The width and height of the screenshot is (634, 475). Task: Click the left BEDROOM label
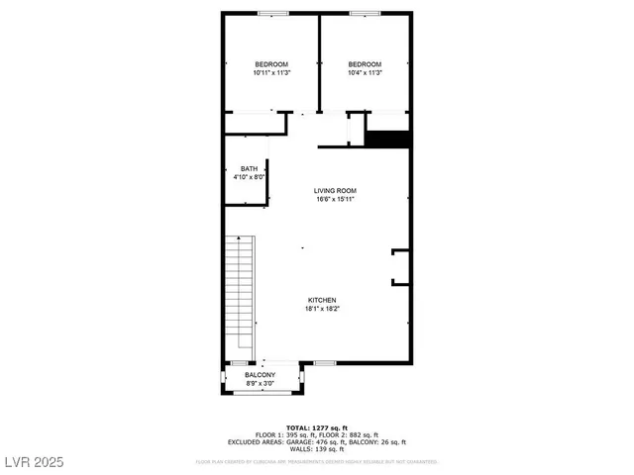[x=270, y=64]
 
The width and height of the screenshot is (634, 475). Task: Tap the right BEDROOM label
[x=365, y=64]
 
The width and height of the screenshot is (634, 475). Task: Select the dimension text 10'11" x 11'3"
[x=270, y=73]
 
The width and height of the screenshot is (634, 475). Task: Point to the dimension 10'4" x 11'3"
[x=365, y=73]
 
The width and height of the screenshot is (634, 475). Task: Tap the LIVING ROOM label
[x=335, y=190]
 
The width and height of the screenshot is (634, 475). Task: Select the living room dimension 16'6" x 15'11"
[x=335, y=199]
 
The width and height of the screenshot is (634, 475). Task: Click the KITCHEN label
[x=322, y=300]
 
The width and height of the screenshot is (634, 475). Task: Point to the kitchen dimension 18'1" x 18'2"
[x=322, y=309]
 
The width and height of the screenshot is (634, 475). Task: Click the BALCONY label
[x=260, y=375]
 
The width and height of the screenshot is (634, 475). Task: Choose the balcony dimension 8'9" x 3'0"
[x=260, y=384]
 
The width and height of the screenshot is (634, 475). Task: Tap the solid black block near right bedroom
[x=388, y=140]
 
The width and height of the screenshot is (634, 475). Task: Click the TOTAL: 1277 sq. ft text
[x=317, y=427]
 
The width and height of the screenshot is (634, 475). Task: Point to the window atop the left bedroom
[x=272, y=13]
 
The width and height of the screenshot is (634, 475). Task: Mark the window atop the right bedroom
[x=364, y=13]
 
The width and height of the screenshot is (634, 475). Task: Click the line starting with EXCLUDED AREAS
[x=317, y=441]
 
